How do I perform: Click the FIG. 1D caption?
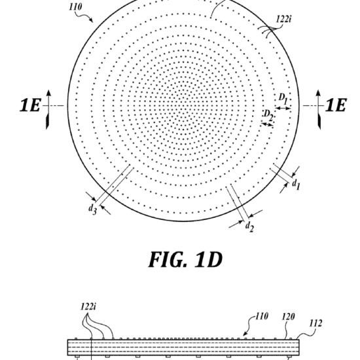point(185,259)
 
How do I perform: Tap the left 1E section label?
point(30,105)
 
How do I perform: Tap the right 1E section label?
point(336,105)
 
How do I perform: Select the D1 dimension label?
point(283,98)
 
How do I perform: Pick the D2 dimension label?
point(268,115)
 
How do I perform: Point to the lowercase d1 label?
point(296,185)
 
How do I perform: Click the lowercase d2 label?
point(249,227)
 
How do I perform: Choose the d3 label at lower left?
point(92,209)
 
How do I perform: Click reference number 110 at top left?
point(75,7)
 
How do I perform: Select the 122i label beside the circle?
point(283,19)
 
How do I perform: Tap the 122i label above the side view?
point(88,306)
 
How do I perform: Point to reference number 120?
point(289,317)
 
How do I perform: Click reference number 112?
point(316,323)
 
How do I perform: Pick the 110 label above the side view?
point(262,316)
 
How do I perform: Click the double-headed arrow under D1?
point(283,108)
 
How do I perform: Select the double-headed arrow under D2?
point(268,124)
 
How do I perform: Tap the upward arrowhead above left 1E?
point(48,93)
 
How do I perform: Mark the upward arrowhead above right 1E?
point(318,93)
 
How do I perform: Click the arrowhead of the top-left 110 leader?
point(92,21)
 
